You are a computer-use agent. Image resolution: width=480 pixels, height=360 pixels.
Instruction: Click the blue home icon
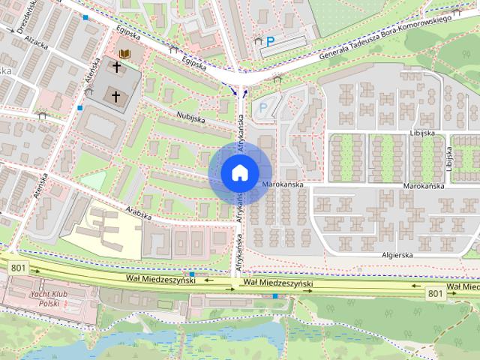pyautogui.click(x=238, y=172)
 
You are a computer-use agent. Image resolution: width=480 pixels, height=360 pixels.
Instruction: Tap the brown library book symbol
pyautogui.click(x=124, y=55)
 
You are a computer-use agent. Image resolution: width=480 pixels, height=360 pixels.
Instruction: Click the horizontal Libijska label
pyautogui.click(x=422, y=133)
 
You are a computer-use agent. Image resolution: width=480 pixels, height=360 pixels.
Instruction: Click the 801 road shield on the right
pyautogui.click(x=436, y=293)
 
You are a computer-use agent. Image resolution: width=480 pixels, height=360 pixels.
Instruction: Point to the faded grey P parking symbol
pyautogui.click(x=262, y=107)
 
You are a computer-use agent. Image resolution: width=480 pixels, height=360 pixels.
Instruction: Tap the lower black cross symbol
pyautogui.click(x=115, y=96)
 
